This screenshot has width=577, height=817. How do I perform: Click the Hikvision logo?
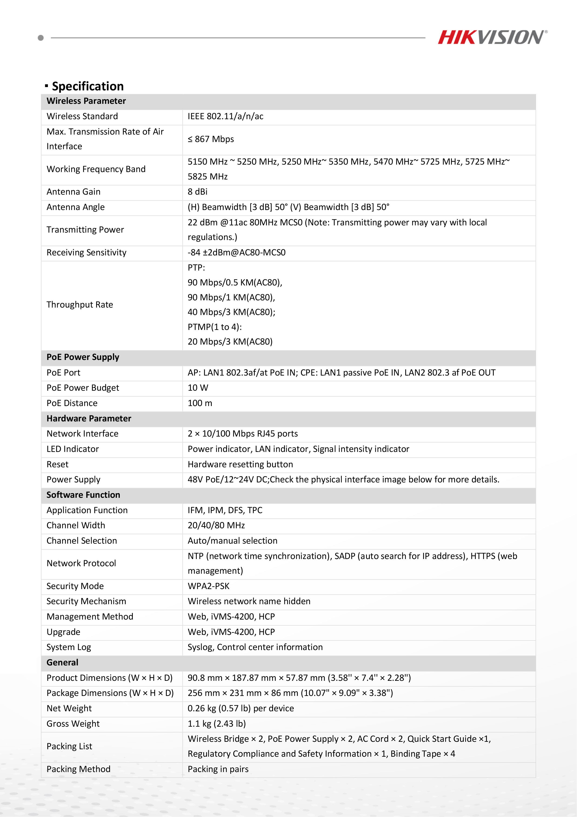[x=492, y=37]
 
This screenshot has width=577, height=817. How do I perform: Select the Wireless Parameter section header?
[x=86, y=101]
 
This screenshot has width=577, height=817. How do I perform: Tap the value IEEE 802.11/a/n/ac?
[x=225, y=116]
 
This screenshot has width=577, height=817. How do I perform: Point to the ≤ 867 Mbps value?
[x=211, y=139]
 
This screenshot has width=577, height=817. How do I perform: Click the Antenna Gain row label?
[x=73, y=192]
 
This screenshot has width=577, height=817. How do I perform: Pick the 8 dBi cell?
[x=198, y=192]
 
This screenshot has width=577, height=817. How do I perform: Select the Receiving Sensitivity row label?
[x=86, y=253]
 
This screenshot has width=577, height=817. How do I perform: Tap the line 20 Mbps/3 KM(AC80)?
[x=230, y=342]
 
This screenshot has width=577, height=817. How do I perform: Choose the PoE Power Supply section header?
[x=83, y=357]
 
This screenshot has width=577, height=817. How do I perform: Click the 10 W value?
[x=198, y=388]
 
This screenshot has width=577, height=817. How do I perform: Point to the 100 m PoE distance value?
[x=200, y=403]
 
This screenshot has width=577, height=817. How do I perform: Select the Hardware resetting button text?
[x=240, y=464]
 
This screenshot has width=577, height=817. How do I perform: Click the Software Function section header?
[x=83, y=495]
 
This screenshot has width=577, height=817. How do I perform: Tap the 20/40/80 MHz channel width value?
[x=216, y=525]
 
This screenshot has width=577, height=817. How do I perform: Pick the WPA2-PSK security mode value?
[x=209, y=586]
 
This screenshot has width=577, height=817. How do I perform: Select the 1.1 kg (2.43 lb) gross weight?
[x=217, y=724]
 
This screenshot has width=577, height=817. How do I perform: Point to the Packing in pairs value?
[x=218, y=769]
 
